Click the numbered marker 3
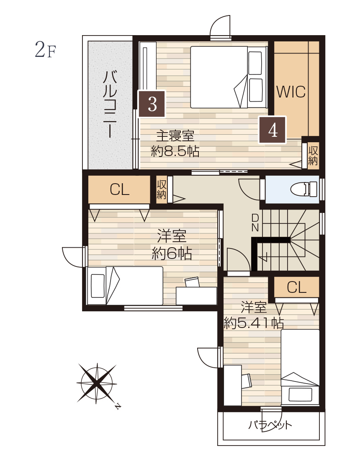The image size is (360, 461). pos(152,104)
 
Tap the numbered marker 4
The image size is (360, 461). pos(273,130)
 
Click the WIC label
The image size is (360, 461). pos(291,92)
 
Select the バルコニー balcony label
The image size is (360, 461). pos(110,104)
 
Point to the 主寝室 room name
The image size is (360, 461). pos(175,136)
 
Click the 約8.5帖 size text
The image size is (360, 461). pos(175,151)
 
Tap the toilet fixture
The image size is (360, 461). pos(304,189)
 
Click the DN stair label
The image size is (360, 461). pos(255,223)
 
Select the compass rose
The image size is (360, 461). pos(97,383)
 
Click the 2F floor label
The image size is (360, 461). pos(45,49)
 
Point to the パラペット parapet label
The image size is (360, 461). pos(270,425)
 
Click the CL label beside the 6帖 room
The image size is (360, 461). pos(119,190)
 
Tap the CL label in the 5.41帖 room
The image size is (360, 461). pos(296,287)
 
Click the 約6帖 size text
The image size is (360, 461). pos(172,253)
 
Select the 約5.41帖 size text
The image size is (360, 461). pos(254,323)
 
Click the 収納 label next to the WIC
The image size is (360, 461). pos(313,156)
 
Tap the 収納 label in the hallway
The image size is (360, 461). pos(162,190)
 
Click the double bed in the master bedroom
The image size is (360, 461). pos(229,77)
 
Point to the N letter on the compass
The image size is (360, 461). pos(118,406)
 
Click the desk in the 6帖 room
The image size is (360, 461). pos(196,296)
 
